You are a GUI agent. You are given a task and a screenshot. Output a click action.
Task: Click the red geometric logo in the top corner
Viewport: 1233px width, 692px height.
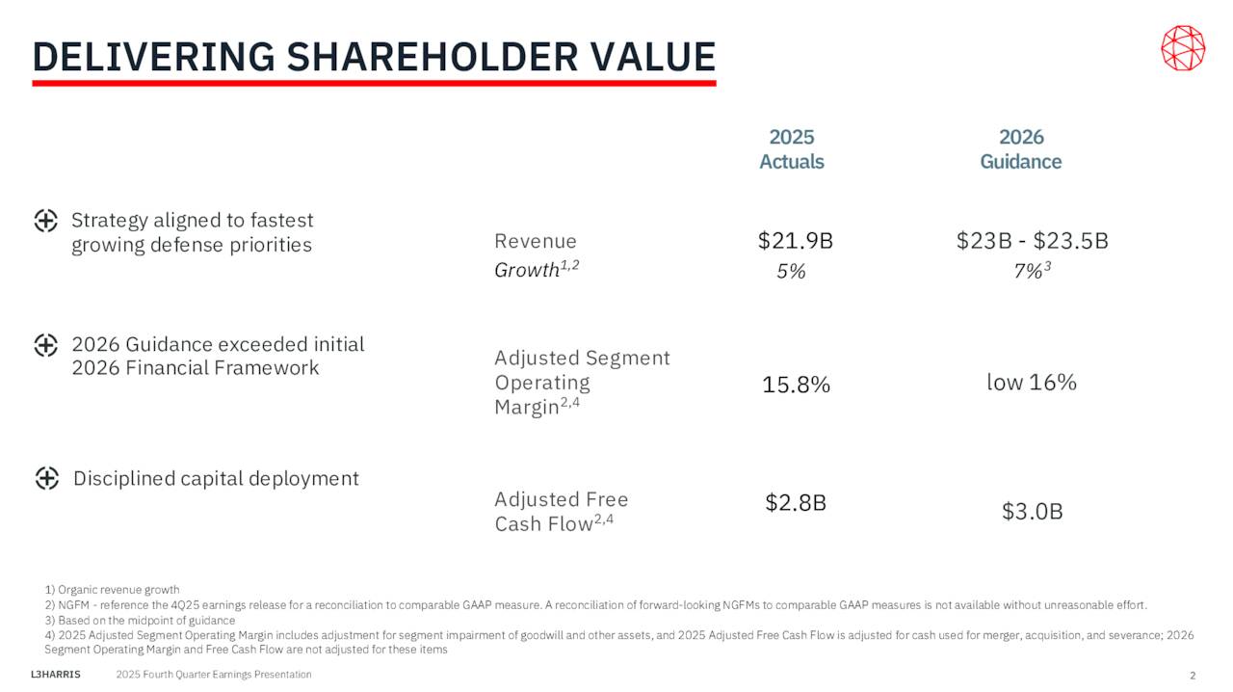click(x=1182, y=48)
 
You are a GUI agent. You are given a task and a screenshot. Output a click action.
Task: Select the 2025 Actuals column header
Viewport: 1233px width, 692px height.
click(x=791, y=149)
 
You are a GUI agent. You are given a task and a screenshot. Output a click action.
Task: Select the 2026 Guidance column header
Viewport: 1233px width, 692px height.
click(x=1020, y=149)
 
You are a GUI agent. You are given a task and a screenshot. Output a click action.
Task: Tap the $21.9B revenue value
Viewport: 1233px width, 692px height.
click(x=795, y=241)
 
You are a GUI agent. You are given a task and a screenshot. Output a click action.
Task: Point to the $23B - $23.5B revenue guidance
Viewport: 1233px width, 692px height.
click(x=1032, y=241)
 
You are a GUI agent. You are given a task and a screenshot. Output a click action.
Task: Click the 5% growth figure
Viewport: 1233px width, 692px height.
click(x=791, y=272)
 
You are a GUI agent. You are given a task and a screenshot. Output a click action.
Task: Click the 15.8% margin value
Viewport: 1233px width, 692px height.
click(x=796, y=385)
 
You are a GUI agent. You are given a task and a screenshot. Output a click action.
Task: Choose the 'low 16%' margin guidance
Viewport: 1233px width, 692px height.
click(x=1031, y=383)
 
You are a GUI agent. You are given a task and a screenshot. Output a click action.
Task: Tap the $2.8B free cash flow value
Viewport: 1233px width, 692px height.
click(x=796, y=502)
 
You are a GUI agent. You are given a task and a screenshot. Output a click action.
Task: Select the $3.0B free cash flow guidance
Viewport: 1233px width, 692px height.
click(x=1032, y=512)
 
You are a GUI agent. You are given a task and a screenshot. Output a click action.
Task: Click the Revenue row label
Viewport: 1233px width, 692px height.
click(x=536, y=241)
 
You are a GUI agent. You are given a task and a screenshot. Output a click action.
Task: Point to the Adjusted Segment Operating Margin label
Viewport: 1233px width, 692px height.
click(x=582, y=383)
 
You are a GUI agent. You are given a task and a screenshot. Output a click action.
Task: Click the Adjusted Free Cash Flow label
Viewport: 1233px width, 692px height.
click(x=561, y=512)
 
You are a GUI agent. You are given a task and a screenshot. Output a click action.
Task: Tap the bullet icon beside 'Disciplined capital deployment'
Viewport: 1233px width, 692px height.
click(x=47, y=478)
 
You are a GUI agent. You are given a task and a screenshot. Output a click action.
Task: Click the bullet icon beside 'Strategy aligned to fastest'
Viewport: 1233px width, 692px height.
click(x=45, y=221)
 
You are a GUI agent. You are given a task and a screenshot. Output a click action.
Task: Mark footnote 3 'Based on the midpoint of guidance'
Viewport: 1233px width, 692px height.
click(x=140, y=620)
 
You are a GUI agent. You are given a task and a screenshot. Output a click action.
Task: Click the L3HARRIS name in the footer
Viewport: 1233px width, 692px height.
click(x=56, y=675)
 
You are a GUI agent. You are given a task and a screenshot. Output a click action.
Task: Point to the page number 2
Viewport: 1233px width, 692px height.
click(x=1192, y=675)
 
